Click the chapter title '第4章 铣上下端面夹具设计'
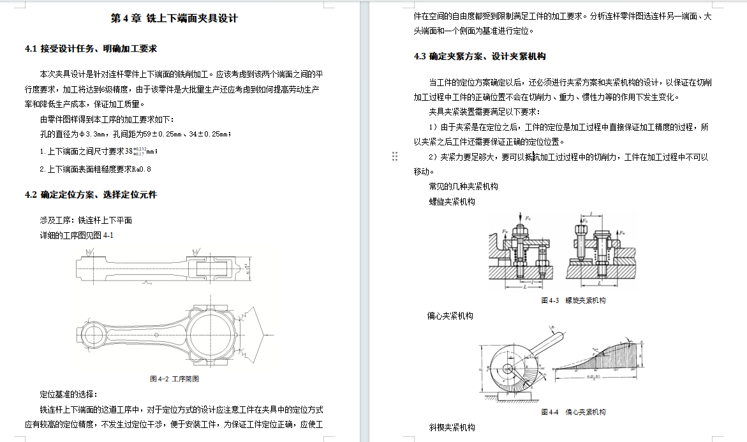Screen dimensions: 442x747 (174, 18)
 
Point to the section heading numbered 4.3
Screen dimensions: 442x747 (480, 56)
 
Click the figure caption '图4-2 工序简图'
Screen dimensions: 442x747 (174, 379)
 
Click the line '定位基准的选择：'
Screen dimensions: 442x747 (68, 394)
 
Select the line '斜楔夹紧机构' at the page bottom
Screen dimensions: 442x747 (452, 427)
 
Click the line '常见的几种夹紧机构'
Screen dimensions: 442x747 (463, 186)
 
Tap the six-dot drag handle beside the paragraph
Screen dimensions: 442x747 (395, 156)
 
